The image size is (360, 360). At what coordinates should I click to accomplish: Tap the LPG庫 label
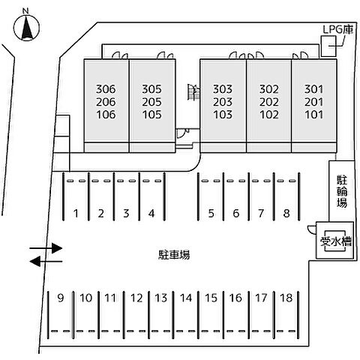pos(338,29)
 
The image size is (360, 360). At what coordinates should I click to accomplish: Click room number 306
pos(106,89)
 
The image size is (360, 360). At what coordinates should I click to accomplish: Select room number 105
pos(151,115)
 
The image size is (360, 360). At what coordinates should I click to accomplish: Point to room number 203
pos(223,102)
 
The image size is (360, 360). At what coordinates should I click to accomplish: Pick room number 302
pos(268,89)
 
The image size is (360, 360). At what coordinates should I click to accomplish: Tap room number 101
pos(313,115)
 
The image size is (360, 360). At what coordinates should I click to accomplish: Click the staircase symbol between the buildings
pos(194,92)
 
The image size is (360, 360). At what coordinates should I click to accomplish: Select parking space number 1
pos(76,213)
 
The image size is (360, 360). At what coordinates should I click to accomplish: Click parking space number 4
pos(151,213)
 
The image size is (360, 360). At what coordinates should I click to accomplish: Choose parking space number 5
pos(211,213)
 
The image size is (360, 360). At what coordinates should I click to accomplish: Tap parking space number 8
pos(286,213)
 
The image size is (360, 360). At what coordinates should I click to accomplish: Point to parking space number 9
pos(61,298)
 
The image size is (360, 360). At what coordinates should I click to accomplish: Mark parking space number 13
pos(160,298)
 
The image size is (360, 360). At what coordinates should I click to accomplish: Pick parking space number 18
pos(286,298)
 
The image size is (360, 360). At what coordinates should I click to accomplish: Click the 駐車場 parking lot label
pos(174,255)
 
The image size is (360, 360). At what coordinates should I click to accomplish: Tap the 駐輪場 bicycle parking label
pos(342,191)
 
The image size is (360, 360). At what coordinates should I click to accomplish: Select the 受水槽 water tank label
pos(336,241)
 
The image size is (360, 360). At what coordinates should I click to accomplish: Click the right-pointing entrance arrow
pos(46,248)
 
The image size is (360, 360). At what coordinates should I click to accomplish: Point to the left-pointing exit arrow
pos(46,262)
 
